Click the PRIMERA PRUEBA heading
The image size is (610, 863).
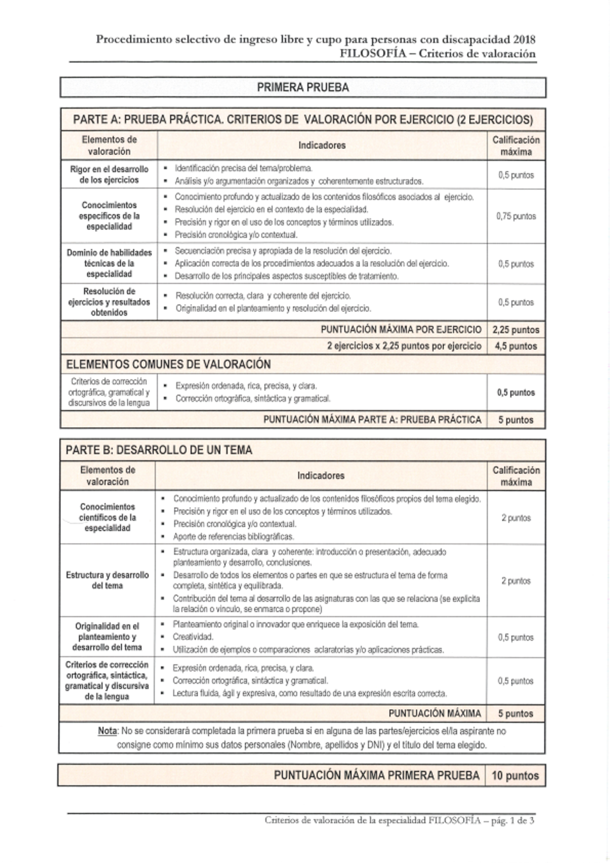(303, 87)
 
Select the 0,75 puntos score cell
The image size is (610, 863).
(515, 216)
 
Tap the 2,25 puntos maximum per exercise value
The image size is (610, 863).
(515, 330)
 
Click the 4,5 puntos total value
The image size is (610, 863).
(515, 346)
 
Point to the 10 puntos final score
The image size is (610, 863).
(515, 776)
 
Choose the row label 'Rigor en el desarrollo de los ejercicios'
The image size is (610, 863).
(109, 175)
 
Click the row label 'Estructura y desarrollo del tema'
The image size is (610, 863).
(107, 580)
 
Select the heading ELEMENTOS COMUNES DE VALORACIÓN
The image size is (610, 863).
(168, 364)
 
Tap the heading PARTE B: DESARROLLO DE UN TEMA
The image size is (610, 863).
(159, 450)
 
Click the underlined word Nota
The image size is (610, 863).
(107, 731)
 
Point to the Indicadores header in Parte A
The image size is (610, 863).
(321, 145)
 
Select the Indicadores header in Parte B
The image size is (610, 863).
(321, 475)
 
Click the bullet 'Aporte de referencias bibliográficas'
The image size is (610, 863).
(234, 536)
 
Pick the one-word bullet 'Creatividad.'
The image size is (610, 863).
(193, 637)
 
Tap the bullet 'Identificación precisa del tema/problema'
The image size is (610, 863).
(243, 168)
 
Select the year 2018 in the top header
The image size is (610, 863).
(524, 40)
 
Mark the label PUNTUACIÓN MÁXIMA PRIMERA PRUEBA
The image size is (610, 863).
(376, 776)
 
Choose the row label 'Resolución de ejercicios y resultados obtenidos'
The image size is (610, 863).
(109, 302)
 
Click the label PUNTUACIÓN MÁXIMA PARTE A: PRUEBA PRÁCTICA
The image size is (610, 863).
(372, 420)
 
